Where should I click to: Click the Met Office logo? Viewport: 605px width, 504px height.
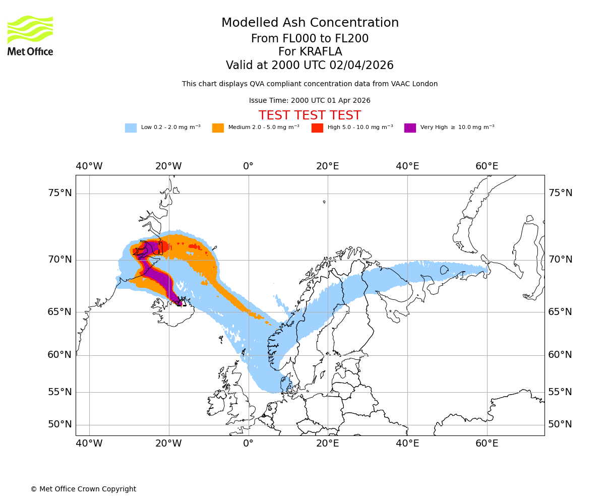(30, 35)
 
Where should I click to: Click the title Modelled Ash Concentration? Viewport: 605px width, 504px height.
(310, 23)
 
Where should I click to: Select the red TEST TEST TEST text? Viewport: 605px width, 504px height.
(310, 115)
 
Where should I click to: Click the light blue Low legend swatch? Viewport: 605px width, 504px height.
(131, 128)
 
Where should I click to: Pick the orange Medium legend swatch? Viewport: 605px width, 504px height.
(218, 128)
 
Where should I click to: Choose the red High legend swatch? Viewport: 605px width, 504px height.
(317, 128)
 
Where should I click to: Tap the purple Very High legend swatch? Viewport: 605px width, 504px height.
(410, 128)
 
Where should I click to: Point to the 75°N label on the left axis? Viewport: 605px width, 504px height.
(60, 193)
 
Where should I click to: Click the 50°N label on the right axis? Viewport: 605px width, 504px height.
(560, 424)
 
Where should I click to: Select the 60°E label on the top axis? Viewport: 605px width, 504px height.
(487, 166)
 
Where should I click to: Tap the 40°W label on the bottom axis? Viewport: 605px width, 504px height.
(89, 444)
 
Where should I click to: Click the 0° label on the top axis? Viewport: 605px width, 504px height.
(248, 166)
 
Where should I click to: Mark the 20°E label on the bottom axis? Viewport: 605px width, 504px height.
(328, 444)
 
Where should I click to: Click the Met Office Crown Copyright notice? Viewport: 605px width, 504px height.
(83, 489)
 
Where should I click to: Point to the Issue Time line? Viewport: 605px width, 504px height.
(310, 100)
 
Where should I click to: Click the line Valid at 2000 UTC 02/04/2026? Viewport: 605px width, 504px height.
(310, 66)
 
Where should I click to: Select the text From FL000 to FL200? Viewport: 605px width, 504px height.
(310, 39)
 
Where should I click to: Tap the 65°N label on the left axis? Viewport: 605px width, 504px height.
(60, 312)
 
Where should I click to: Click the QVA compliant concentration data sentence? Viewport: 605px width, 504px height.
(310, 84)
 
